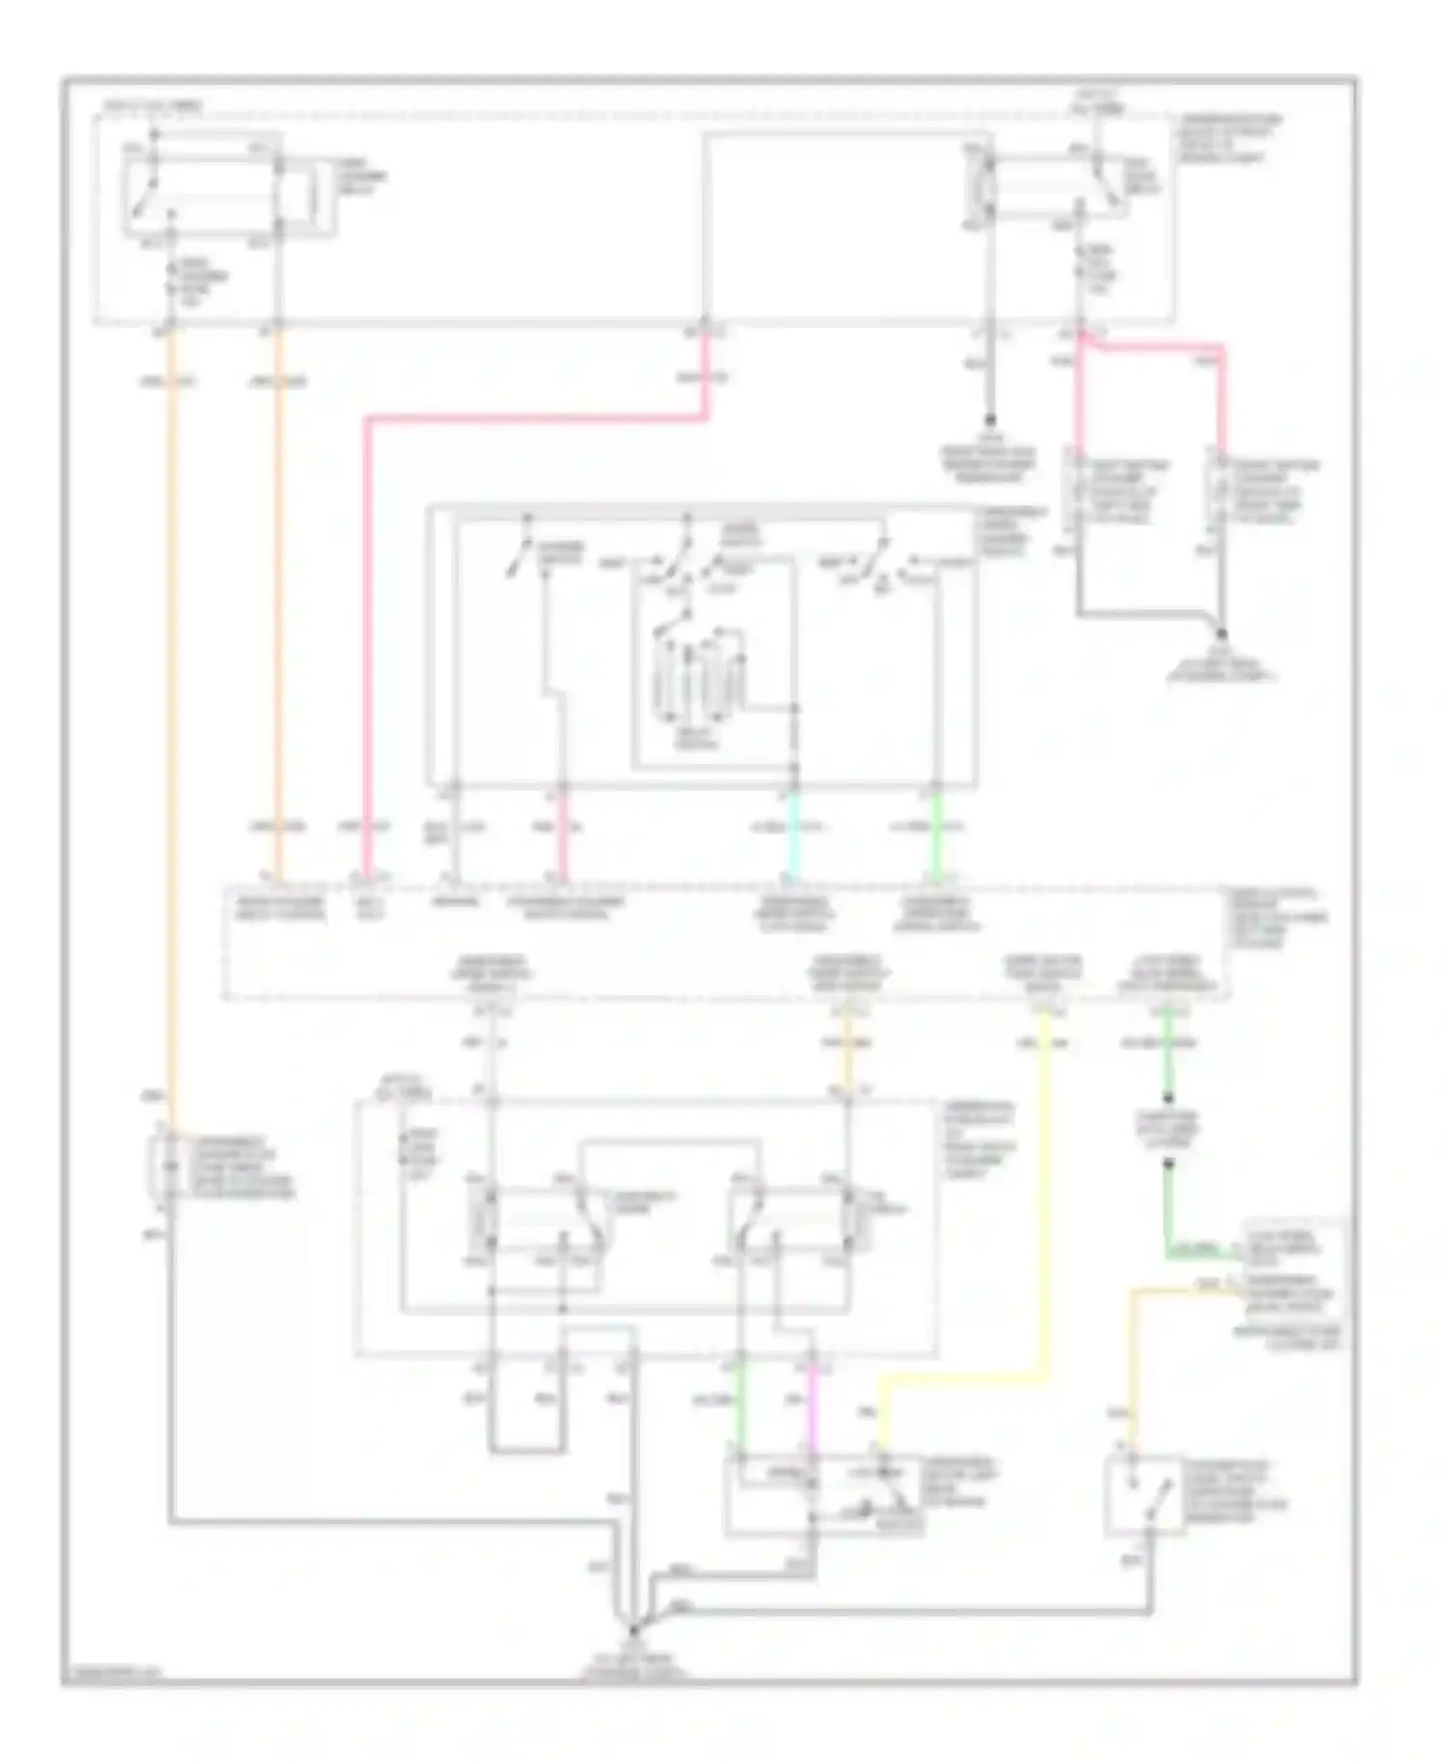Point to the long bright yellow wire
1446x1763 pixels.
click(x=1043, y=1206)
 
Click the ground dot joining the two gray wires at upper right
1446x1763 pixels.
click(x=1221, y=634)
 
